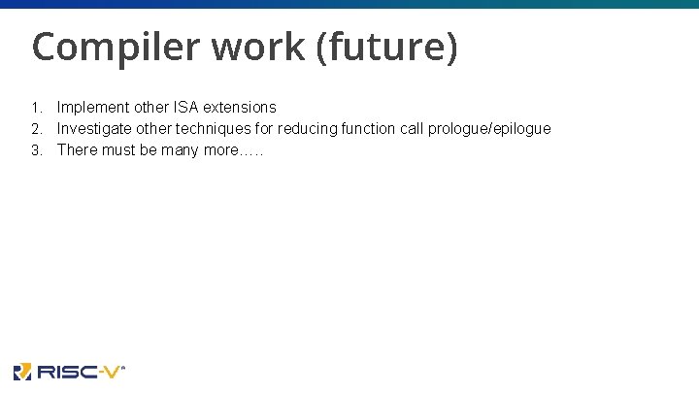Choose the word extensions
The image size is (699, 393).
click(x=239, y=107)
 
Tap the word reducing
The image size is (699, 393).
click(x=306, y=128)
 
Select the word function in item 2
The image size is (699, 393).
click(x=367, y=128)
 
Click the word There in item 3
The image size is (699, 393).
click(x=77, y=149)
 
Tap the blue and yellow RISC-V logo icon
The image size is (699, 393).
click(x=22, y=372)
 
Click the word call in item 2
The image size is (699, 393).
click(x=412, y=128)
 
